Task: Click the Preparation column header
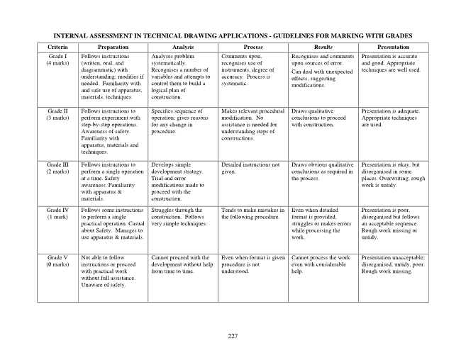113,47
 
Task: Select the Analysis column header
183,47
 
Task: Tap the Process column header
253,47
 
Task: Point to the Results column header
323,47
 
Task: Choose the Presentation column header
394,47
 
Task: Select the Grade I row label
57,55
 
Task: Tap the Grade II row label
57,111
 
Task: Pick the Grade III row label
57,164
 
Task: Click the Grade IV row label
57,210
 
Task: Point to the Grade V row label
57,257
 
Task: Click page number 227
233,334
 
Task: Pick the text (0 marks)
57,264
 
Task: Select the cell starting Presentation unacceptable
393,264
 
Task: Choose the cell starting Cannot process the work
322,264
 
